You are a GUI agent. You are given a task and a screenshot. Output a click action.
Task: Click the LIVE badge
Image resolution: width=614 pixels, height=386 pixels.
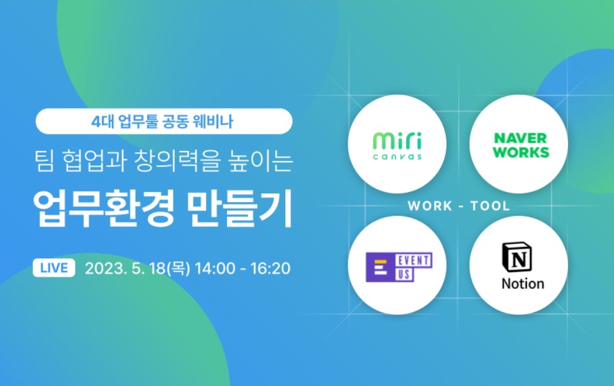(x=54, y=268)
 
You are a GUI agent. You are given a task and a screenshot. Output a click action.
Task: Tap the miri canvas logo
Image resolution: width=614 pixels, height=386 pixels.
(x=397, y=146)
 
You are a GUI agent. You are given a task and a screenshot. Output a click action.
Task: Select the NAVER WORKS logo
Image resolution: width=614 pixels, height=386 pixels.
(x=521, y=145)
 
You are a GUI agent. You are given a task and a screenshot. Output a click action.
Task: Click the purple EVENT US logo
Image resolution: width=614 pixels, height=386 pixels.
(x=398, y=267)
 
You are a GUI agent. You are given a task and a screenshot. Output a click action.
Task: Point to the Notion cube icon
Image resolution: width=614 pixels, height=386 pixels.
(x=517, y=257)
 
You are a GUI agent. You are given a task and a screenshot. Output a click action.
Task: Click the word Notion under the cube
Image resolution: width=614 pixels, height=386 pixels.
(x=523, y=283)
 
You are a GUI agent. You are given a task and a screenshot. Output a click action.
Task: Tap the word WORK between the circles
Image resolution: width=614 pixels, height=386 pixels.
(x=430, y=206)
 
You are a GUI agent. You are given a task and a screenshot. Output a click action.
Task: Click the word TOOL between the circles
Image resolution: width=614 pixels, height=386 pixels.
(x=490, y=206)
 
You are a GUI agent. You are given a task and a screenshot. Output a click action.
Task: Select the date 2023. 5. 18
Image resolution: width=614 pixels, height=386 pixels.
(x=126, y=268)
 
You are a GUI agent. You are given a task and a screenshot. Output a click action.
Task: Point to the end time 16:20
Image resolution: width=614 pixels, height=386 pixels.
(x=270, y=268)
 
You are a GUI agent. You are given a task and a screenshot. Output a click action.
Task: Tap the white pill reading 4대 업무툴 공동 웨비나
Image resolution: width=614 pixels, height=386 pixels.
(x=164, y=121)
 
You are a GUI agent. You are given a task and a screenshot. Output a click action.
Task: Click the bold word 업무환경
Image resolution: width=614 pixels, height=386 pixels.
(x=104, y=209)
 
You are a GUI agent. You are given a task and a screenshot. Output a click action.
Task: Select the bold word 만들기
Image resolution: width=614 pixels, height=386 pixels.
(x=240, y=209)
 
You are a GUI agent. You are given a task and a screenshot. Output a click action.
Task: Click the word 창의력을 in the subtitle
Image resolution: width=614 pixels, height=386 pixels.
(x=177, y=161)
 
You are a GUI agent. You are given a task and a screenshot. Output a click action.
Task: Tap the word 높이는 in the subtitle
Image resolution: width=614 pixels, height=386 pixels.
(x=260, y=161)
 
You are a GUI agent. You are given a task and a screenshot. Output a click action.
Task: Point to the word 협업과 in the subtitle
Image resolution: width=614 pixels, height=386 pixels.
(x=94, y=161)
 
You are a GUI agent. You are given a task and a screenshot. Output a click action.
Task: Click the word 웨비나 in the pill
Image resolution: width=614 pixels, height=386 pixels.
(x=213, y=121)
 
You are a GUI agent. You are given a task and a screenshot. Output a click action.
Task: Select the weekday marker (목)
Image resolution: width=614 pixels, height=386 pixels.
(x=179, y=268)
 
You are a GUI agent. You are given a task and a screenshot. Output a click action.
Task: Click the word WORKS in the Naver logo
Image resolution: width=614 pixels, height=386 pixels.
(x=521, y=152)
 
